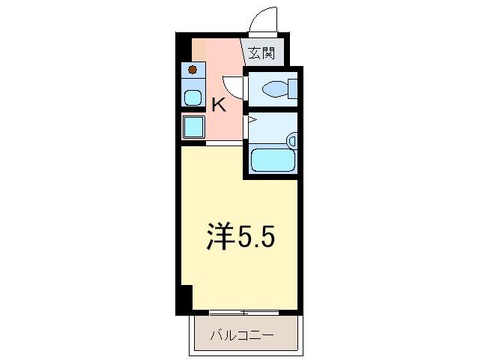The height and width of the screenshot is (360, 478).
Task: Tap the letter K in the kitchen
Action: tap(218, 105)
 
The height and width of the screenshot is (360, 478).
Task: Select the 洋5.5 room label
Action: tap(240, 238)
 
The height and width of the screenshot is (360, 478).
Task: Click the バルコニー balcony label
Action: tap(241, 334)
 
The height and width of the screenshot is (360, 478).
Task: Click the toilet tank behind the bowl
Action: tap(292, 89)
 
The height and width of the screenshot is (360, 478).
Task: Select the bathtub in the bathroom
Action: tap(272, 160)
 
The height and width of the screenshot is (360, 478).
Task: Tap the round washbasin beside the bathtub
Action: tap(293, 140)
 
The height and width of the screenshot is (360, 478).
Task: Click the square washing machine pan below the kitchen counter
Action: tap(193, 127)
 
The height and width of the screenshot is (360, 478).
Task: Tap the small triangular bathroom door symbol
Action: tap(252, 120)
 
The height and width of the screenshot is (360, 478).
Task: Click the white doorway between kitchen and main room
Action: tap(224, 142)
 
